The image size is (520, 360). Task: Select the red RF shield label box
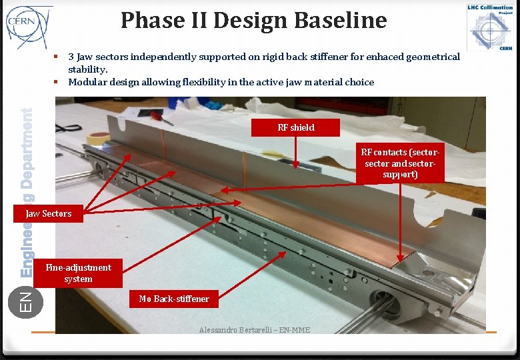pos(295,127)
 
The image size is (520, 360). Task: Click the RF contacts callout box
pos(400,163)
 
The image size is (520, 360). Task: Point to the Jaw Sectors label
pos(48,213)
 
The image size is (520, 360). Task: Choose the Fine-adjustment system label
pos(78,273)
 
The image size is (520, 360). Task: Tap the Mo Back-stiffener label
pos(173,299)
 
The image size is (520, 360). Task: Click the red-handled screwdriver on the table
pos(161,117)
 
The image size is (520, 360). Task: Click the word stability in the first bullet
pos(87,69)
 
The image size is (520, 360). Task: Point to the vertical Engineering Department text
pos(27,193)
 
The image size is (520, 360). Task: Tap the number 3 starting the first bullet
pos(71,57)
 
